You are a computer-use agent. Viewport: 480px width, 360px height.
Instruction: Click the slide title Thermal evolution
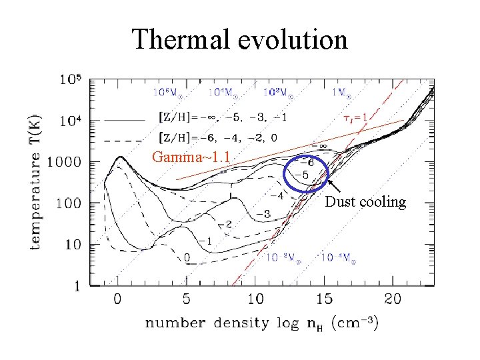coord(239,39)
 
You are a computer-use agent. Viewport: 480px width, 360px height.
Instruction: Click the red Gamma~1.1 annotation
coord(191,159)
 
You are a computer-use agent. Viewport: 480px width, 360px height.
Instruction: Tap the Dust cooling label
coord(365,203)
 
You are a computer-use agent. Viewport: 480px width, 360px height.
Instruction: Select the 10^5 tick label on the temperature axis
coord(71,79)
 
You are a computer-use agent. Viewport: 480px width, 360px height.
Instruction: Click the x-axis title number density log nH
coord(262,324)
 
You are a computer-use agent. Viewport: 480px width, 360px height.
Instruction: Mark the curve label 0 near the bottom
coord(187,257)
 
